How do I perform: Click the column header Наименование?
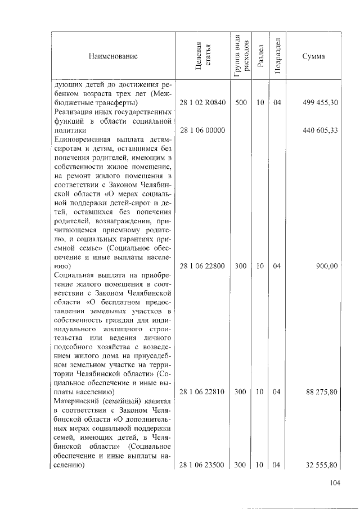click(x=112, y=56)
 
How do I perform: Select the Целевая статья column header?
click(x=202, y=56)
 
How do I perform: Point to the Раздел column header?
click(x=260, y=56)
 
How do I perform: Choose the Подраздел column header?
click(x=277, y=56)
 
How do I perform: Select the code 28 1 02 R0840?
click(x=202, y=103)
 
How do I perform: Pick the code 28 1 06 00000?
click(x=202, y=130)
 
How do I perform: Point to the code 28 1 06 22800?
click(x=202, y=266)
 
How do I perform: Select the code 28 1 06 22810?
click(x=202, y=392)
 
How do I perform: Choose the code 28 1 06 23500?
click(x=202, y=465)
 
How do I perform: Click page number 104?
click(x=335, y=483)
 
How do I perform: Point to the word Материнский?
click(x=76, y=401)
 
